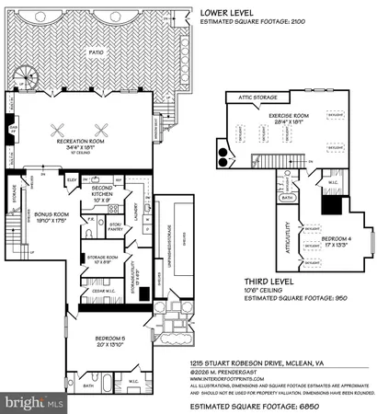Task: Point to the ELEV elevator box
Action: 71,179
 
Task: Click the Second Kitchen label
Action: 101,191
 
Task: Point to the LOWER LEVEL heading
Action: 226,13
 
